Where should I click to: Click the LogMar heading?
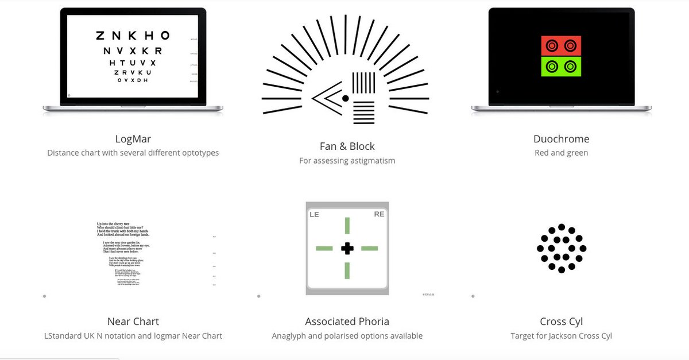pos(133,139)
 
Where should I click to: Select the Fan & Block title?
pos(347,146)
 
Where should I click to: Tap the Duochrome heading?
pos(561,139)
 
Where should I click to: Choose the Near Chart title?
pos(133,322)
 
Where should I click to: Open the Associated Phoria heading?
pos(347,322)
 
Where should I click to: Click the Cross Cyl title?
pos(561,322)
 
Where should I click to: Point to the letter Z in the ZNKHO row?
pos(100,36)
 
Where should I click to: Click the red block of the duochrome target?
pos(561,45)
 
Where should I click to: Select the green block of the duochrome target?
pos(561,66)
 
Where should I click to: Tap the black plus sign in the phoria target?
pos(347,249)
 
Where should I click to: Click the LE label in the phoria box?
pos(314,214)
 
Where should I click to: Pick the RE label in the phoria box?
pos(379,214)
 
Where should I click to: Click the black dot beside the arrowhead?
pos(345,99)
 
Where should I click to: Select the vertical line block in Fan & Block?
pos(362,83)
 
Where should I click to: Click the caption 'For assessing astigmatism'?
pos(347,161)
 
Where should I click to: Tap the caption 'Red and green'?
pos(561,153)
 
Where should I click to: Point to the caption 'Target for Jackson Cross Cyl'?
pos(561,336)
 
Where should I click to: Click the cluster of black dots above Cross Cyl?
pos(561,249)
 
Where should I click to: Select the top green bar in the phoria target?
pos(347,226)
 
